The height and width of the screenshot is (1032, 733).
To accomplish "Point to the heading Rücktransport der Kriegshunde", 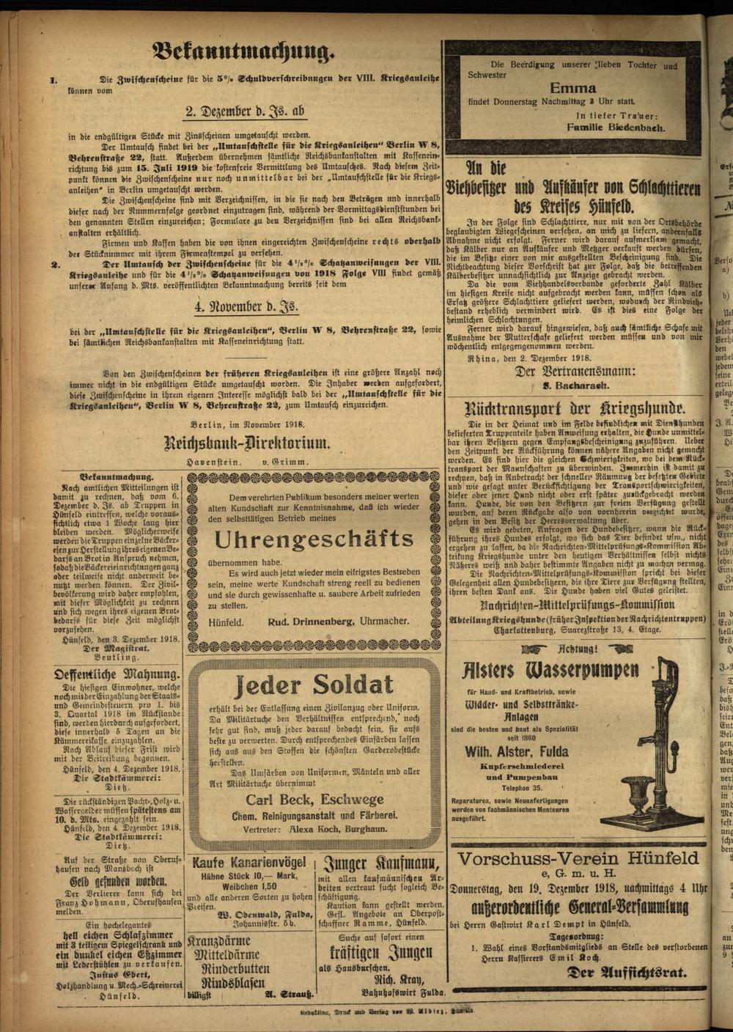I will coord(575,409).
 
